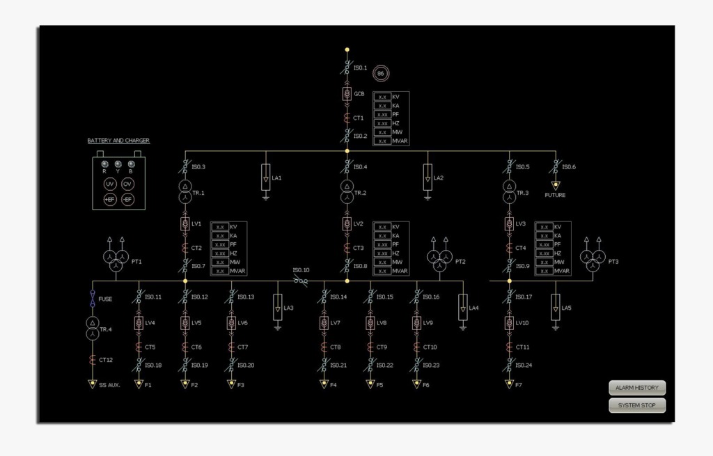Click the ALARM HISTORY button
pos(637,388)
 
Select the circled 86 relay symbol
pos(380,74)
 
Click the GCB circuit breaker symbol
pos(347,93)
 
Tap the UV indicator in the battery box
pos(110,184)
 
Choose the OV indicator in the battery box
pos(127,184)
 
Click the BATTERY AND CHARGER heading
pos(118,141)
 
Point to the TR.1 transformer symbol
pos(185,191)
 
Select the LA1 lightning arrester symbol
pos(265,178)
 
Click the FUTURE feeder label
pos(555,196)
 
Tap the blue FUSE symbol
pos(93,299)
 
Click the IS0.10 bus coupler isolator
pos(301,281)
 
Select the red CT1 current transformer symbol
pos(347,118)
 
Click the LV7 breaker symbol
pos(324,323)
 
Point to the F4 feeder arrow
pos(324,384)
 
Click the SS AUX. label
pos(109,385)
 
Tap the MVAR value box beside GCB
pos(382,141)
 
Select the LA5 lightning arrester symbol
pos(555,307)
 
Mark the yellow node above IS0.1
pos(347,50)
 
